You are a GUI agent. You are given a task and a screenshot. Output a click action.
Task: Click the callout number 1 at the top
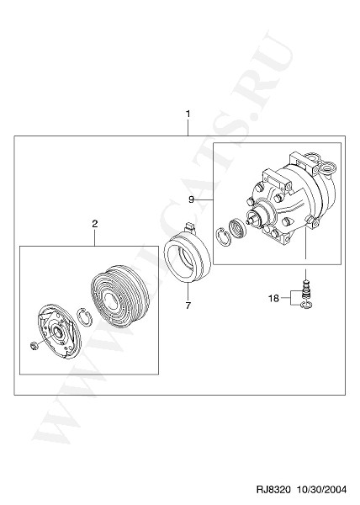188,114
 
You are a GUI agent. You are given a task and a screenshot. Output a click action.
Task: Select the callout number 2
94,224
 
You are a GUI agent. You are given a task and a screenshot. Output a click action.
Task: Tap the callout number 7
188,306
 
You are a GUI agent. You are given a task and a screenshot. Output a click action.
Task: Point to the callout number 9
191,200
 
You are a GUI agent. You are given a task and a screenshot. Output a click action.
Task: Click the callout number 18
273,299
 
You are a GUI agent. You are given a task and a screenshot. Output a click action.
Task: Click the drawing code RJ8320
273,490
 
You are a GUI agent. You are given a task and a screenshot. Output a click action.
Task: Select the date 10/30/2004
321,490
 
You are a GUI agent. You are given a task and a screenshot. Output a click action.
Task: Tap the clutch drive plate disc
58,333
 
